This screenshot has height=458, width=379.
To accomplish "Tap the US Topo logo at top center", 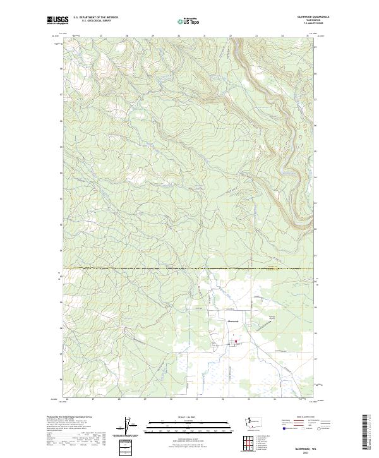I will tap(189, 21).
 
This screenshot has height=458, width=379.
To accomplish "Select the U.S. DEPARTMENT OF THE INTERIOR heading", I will tap(97, 18).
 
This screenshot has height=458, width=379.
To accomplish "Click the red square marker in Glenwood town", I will tap(236, 342).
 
